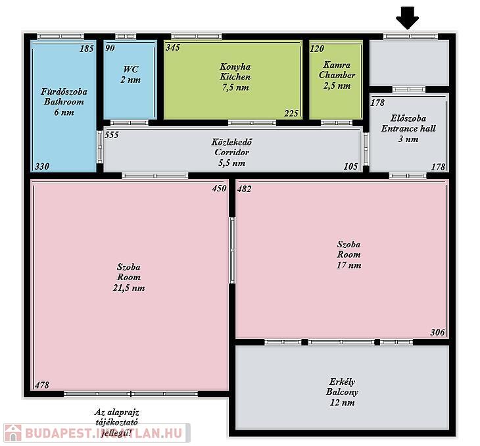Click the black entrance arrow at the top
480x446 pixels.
408,18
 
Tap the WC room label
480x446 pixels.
131,74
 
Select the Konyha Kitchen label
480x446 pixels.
235,77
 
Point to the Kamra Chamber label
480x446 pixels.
337,75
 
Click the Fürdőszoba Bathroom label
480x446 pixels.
64,102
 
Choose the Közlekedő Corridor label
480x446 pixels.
231,152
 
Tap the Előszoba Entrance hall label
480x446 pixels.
408,129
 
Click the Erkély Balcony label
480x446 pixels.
342,392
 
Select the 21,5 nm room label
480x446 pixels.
129,277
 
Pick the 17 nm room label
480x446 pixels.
348,255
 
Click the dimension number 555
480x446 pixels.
111,135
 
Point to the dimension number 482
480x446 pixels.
244,189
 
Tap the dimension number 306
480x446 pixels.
437,332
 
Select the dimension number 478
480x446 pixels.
42,385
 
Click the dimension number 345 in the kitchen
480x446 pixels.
173,47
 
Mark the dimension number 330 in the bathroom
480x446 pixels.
42,166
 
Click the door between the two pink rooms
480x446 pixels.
232,250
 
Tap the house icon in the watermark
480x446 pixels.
12,433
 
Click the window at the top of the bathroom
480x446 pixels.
60,36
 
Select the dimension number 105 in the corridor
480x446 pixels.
350,166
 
